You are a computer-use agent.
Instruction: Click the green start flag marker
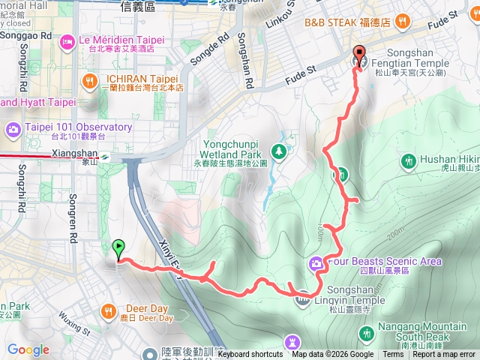tap(118, 247)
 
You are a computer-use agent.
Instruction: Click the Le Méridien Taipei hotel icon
tap(67, 40)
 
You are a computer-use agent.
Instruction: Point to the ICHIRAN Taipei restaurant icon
tap(90, 79)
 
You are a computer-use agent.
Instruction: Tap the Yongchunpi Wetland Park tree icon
tap(279, 152)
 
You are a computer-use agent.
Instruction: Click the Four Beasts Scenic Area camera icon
tap(316, 262)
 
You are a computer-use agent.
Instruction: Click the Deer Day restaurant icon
tap(109, 310)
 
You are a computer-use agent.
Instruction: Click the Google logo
tap(28, 349)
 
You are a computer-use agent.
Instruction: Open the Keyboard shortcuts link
tap(250, 355)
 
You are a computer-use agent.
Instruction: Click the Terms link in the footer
tap(393, 355)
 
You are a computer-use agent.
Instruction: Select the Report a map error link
tap(443, 355)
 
